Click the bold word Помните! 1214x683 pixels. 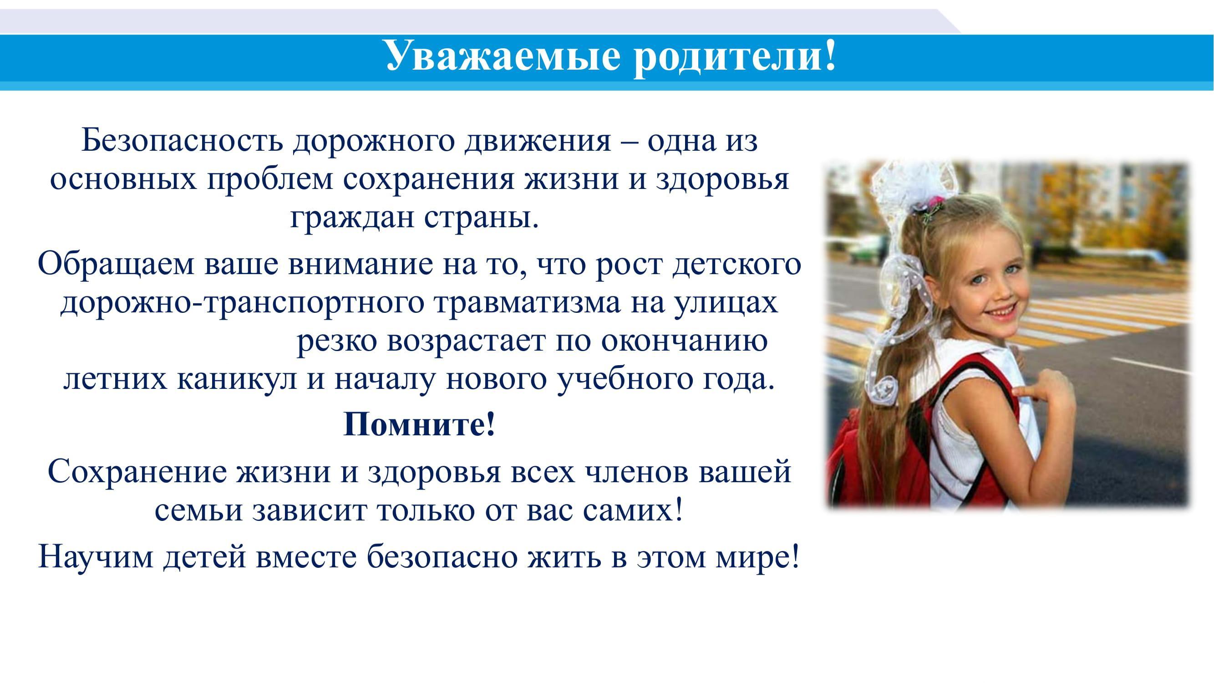point(419,424)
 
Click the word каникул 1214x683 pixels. point(237,381)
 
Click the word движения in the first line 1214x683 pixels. point(537,141)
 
